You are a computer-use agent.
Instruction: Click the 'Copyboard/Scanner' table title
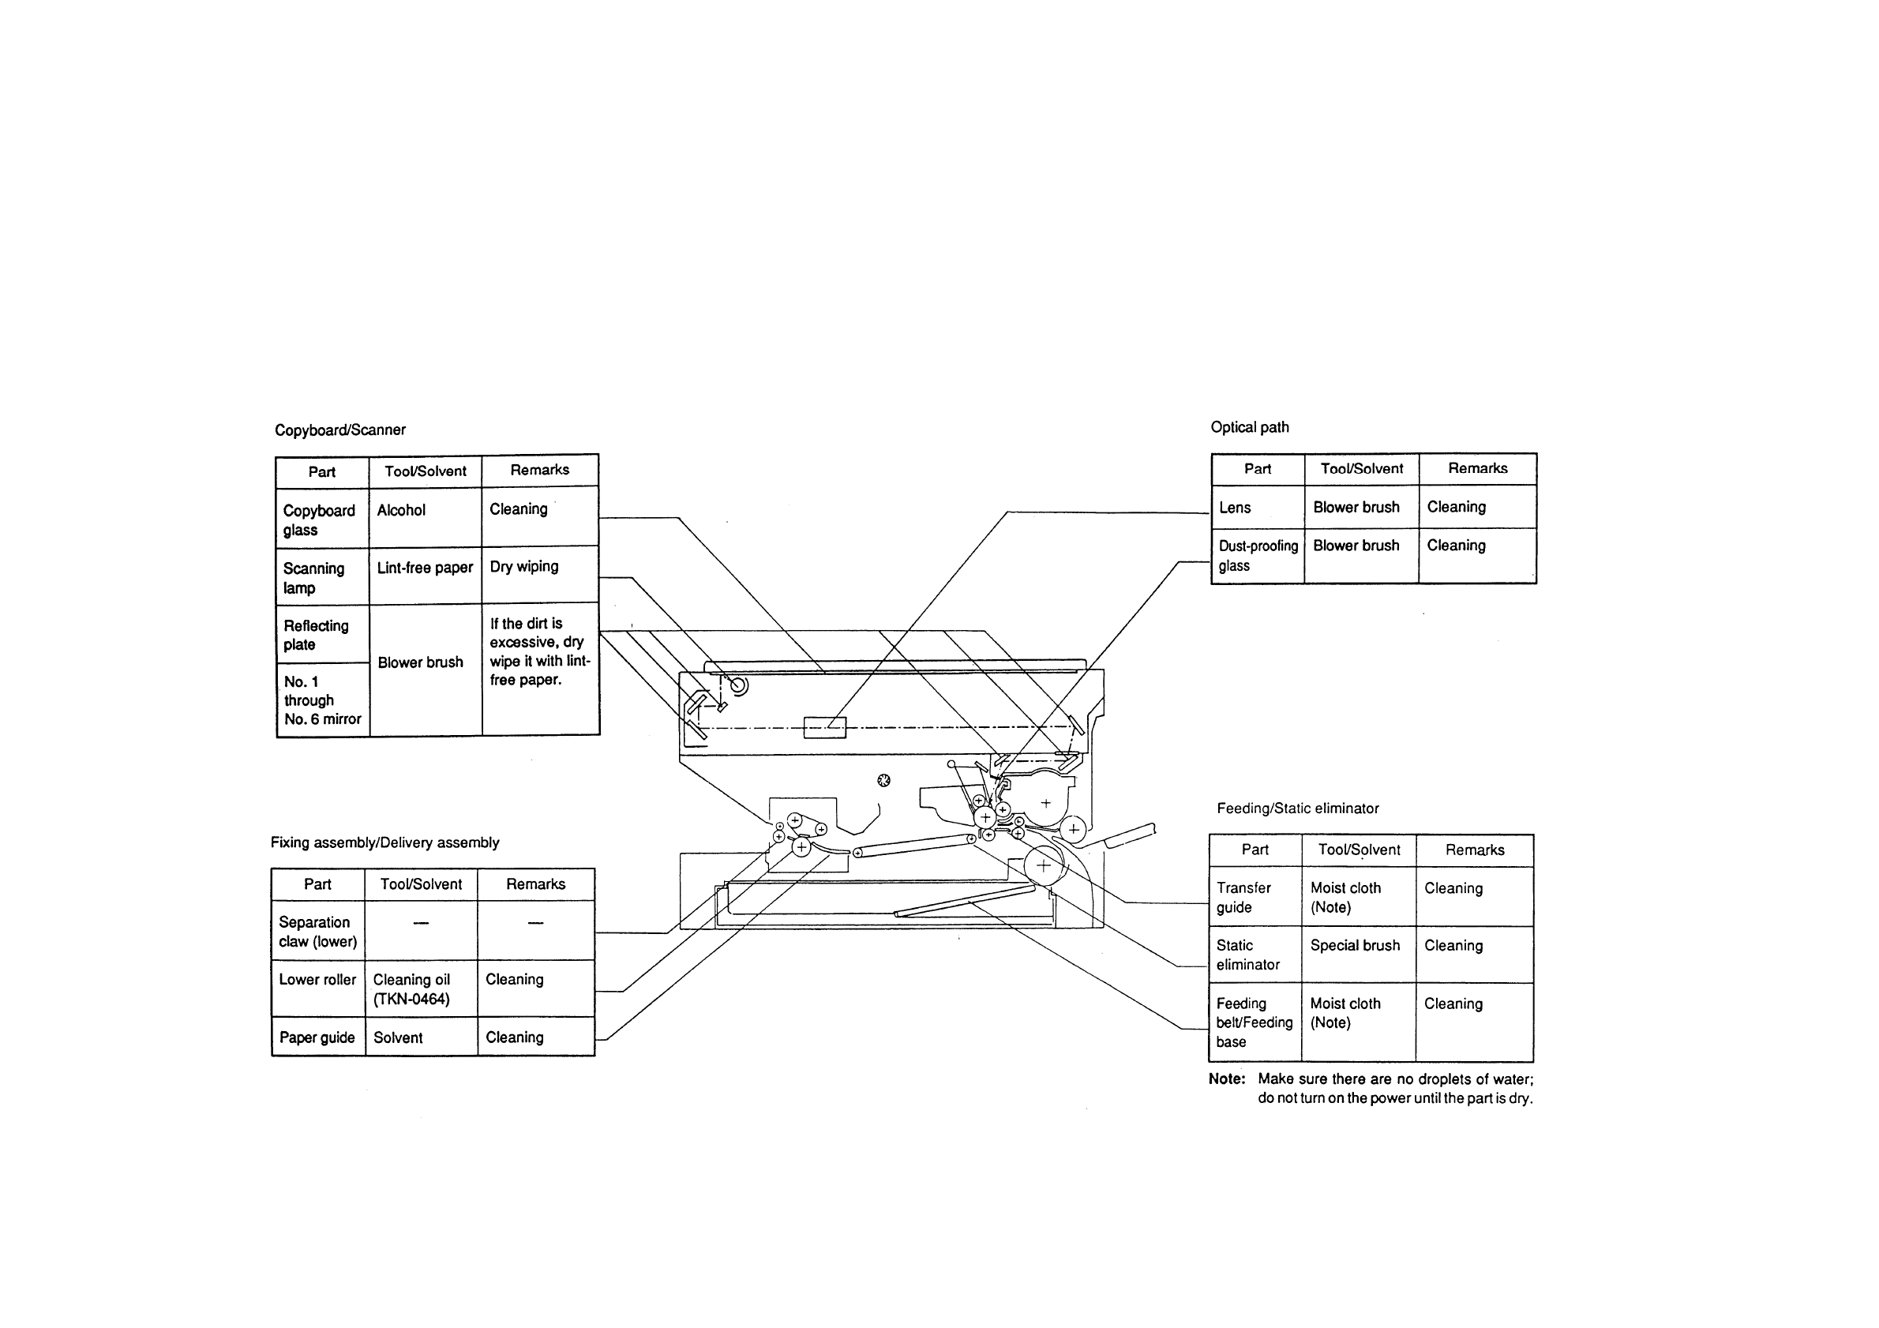pos(339,430)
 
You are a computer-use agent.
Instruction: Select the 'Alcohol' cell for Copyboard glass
pos(401,511)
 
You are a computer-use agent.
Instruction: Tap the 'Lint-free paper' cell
pos(425,568)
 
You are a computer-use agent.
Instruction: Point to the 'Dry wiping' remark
pos(523,567)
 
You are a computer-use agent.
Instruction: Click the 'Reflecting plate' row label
pos(316,635)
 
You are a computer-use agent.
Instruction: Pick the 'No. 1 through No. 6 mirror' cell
pos(322,700)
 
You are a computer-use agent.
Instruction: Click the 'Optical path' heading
pos(1250,427)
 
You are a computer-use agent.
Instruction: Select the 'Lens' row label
pos(1235,508)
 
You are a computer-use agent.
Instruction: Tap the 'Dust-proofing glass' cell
pos(1258,556)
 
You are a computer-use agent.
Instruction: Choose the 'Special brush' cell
pos(1356,946)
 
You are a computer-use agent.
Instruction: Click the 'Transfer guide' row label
pos(1243,898)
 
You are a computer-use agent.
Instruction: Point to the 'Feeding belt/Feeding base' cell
pos(1254,1022)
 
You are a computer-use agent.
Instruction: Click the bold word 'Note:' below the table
pos(1227,1079)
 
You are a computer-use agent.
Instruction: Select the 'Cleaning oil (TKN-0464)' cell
pos(411,989)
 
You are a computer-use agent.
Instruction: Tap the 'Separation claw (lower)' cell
pos(317,932)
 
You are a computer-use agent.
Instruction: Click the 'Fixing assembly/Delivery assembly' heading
pos(384,842)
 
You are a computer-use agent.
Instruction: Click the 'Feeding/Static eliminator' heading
pos(1297,808)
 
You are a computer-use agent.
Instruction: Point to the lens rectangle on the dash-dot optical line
pos(824,727)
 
